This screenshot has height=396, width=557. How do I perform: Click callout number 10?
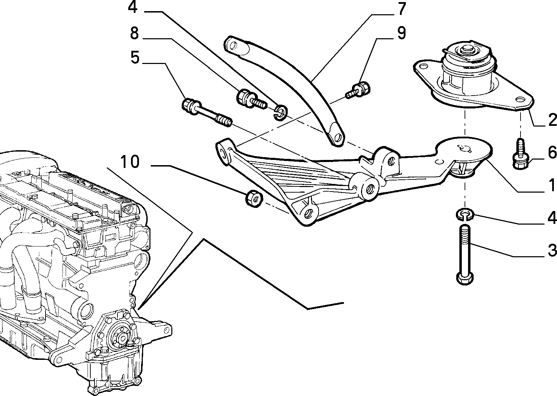(130, 162)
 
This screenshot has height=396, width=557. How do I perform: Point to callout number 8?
(134, 33)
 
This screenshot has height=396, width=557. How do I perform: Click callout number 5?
(135, 58)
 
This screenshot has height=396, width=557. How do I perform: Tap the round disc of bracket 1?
(464, 151)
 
